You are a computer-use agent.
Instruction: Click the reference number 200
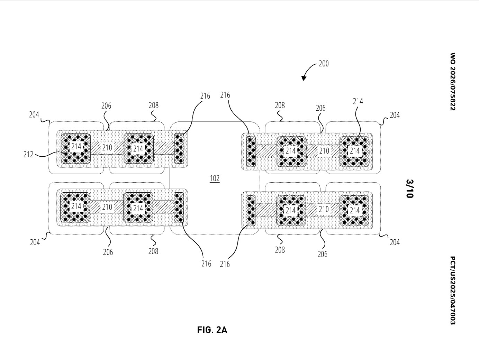324,64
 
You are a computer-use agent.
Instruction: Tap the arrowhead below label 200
304,78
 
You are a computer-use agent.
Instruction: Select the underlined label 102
215,179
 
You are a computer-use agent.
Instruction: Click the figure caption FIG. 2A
212,330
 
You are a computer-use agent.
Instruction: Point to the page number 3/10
410,188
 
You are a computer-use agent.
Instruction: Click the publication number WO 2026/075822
453,82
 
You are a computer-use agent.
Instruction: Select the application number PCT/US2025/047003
453,290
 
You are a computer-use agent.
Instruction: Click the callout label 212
28,155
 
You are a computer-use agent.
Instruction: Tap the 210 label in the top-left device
107,148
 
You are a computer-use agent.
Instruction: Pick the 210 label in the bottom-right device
324,209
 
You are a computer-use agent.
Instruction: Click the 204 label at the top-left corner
34,115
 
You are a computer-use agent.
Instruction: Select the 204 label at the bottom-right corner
395,242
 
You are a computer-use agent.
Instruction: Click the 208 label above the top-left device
153,105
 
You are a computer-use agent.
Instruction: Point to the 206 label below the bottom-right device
322,254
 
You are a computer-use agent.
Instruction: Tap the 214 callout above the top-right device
358,101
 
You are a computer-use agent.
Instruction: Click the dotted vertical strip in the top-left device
179,148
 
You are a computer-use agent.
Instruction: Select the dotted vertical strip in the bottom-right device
251,210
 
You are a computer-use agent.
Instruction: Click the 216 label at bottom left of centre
206,264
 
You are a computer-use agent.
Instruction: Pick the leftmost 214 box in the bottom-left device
76,206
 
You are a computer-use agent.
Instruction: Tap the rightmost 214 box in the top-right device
355,151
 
